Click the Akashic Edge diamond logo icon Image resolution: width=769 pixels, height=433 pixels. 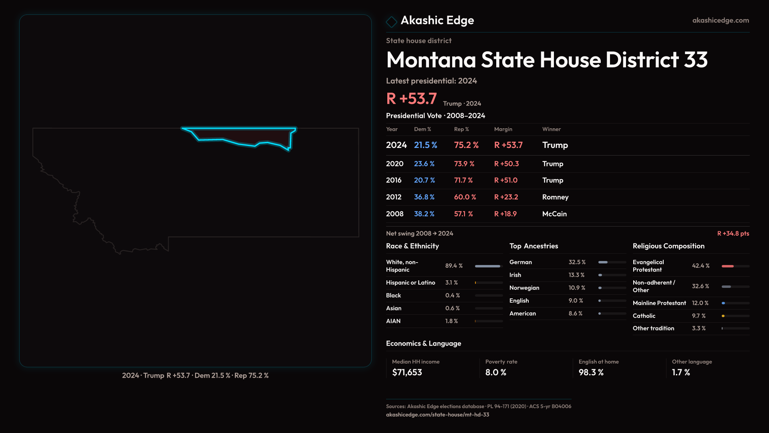coord(391,21)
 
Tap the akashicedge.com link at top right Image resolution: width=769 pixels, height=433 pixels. coord(720,20)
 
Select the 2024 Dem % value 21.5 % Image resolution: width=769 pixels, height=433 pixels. coord(425,145)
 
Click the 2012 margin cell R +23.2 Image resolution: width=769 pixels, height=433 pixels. coord(506,197)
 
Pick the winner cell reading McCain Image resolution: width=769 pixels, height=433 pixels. coord(554,214)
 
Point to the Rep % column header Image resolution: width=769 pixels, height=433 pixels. coord(461,129)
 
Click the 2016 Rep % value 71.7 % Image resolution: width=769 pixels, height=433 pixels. coord(463,180)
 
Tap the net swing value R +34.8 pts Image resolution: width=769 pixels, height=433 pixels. coord(733,233)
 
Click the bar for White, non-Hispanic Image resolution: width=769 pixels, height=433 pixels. coord(488,266)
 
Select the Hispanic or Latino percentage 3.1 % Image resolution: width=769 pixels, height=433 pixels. coord(451,283)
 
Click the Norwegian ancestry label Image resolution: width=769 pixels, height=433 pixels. coord(524,288)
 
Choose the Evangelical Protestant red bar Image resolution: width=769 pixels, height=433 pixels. coord(728,266)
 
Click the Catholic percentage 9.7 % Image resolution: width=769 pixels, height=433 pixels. coord(699,316)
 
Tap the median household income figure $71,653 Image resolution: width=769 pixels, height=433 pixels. coord(407,372)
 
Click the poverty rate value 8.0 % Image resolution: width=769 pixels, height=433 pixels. coord(496,372)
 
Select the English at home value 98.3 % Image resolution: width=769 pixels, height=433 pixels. coord(591,372)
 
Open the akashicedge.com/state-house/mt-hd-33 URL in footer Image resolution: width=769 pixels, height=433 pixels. coord(437,415)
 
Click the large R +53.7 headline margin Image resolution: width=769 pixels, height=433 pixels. coord(411,99)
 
